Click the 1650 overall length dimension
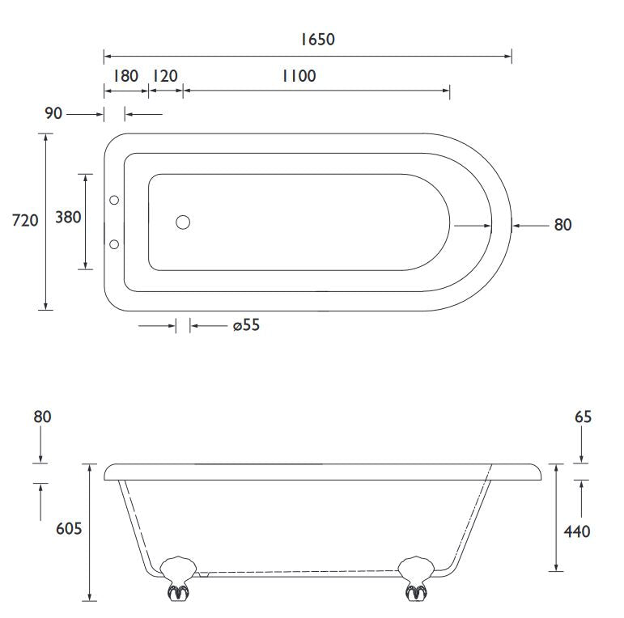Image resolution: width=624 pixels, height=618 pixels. [317, 40]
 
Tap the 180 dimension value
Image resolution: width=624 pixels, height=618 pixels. [125, 76]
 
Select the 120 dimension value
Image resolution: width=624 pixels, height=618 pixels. [165, 76]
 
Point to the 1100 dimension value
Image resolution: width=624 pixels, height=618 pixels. [299, 76]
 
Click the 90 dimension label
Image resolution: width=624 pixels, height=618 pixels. [53, 113]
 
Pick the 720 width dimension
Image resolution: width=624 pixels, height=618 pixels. [25, 220]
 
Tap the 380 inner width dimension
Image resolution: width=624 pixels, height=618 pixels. [68, 217]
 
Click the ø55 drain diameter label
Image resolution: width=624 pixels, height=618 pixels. [246, 325]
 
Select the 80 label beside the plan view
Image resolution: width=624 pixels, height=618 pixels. [562, 225]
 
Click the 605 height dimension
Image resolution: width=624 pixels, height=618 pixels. [69, 528]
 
